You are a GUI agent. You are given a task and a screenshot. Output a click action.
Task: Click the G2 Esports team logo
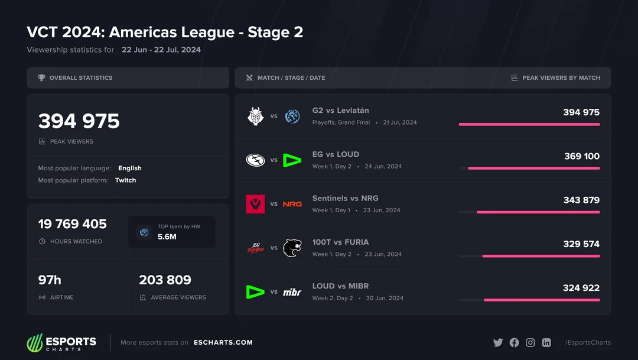[256, 116]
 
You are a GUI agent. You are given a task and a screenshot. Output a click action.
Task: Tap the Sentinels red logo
[256, 204]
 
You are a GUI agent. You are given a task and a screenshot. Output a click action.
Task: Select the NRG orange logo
[292, 204]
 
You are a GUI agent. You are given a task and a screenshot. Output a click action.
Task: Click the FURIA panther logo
[292, 248]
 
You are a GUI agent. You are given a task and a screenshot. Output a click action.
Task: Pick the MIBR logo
[292, 292]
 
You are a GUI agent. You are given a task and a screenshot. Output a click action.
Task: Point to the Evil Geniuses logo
[256, 160]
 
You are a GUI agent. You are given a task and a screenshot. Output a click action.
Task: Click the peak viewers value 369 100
[581, 156]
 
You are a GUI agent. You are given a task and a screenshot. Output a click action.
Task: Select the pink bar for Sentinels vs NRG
[538, 212]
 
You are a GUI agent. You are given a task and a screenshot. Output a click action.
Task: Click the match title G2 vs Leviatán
[340, 111]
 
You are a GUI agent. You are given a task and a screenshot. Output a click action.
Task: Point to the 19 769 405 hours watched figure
[73, 224]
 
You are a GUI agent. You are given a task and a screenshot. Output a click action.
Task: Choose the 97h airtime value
[50, 280]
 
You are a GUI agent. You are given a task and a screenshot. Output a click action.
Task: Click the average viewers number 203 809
[165, 280]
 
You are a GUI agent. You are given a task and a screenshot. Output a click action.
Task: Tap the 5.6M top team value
[167, 236]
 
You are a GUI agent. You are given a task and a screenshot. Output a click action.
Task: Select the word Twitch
[125, 180]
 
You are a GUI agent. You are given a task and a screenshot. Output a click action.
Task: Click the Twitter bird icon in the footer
[498, 342]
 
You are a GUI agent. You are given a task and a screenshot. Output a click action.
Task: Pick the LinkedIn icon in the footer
[546, 342]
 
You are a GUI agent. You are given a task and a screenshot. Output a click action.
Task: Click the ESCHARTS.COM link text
[223, 342]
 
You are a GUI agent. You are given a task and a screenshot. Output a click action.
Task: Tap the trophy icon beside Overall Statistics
[41, 77]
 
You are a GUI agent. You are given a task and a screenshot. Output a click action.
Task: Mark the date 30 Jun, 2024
[385, 298]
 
